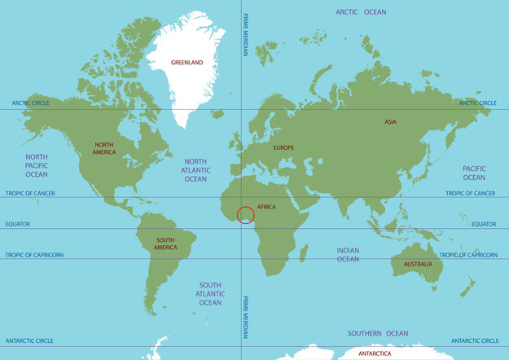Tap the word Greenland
[x=188, y=62]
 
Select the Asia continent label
[x=391, y=122]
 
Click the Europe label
[x=283, y=147]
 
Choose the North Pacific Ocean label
[x=37, y=165]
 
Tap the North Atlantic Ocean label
[x=195, y=170]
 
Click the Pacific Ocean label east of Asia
[x=474, y=173]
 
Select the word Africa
[x=266, y=207]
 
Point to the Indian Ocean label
[x=348, y=254]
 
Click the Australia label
[x=412, y=264]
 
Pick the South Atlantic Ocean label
[x=210, y=293]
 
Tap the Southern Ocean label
[x=378, y=333]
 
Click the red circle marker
[x=246, y=215]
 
